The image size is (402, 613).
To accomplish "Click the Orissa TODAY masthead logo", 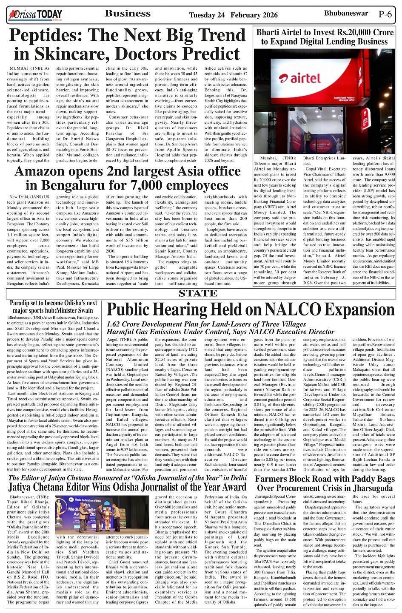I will pos(35,15).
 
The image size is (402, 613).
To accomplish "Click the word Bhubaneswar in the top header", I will pos(346,14).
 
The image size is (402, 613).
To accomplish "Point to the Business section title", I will pos(128,14).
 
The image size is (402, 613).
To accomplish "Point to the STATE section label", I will pos(198,293).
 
